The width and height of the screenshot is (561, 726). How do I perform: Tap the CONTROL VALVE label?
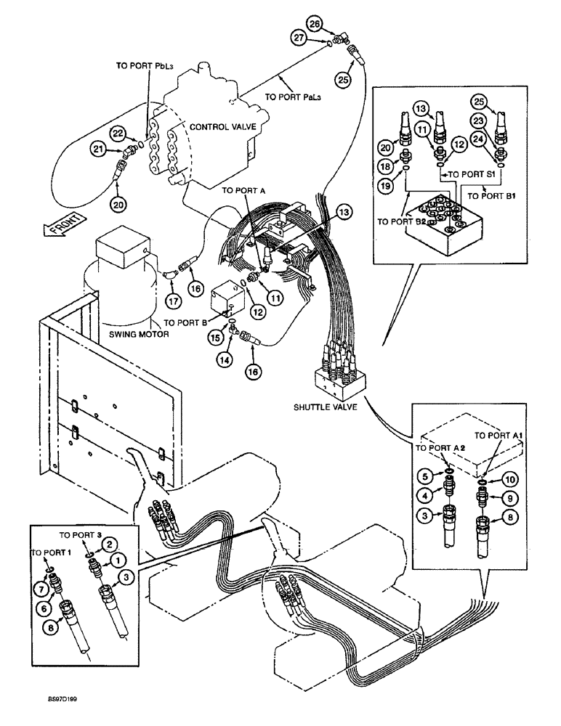tap(219, 126)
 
